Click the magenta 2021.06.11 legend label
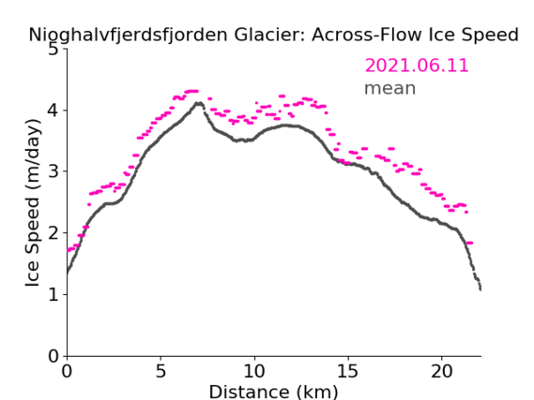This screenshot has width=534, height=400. tap(417, 66)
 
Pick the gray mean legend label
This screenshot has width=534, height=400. tap(390, 88)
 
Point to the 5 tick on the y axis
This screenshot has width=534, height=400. tap(53, 50)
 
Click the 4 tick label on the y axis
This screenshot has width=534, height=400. tap(53, 111)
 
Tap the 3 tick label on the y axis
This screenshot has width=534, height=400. tap(53, 171)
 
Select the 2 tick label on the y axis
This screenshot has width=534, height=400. tap(53, 233)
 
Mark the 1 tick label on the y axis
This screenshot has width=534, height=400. tap(53, 294)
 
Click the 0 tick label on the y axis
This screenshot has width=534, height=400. tap(53, 356)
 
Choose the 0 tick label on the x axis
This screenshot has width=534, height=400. tap(67, 371)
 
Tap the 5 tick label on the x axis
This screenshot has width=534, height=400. tap(160, 371)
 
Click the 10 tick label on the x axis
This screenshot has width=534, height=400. tap(254, 371)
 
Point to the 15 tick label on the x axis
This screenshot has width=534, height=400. tap(348, 371)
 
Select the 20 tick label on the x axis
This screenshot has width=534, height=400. tap(441, 371)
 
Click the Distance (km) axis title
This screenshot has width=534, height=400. tap(273, 392)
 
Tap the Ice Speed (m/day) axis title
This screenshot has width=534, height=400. tap(33, 202)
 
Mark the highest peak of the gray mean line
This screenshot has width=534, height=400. tap(199, 103)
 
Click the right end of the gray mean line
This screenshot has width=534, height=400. tap(481, 289)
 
